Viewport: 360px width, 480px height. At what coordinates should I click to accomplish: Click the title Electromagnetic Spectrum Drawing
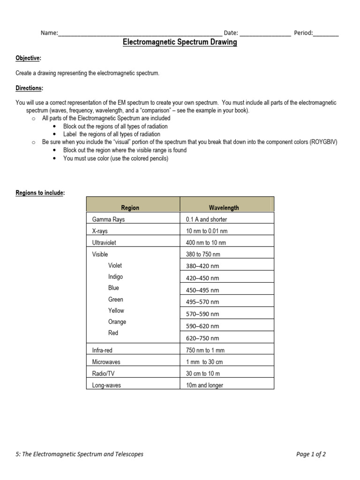pos(180,42)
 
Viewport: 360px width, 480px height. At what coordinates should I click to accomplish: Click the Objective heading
pos(28,58)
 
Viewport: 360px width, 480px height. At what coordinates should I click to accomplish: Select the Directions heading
pos(30,88)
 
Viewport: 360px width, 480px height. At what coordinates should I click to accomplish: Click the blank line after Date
pos(265,33)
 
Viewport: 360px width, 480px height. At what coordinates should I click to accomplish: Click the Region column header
pos(130,208)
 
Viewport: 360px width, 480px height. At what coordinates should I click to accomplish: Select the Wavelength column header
pos(224,208)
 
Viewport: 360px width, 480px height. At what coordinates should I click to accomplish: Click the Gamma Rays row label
pos(109,219)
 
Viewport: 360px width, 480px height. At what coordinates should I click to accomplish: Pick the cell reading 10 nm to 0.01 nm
pos(207,231)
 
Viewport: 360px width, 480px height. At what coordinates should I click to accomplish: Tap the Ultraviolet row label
pos(104,243)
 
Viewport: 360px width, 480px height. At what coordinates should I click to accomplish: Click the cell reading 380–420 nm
pos(202,266)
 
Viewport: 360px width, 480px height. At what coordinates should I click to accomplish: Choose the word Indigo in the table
pos(116,277)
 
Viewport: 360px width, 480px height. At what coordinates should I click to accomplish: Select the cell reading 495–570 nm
pos(202,302)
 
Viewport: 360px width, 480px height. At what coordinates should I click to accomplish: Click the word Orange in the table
pos(117,322)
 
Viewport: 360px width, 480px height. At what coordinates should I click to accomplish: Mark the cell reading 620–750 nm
pos(202,338)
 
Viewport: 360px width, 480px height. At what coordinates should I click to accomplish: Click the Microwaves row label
pos(107,362)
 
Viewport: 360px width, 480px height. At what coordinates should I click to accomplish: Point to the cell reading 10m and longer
pos(204,385)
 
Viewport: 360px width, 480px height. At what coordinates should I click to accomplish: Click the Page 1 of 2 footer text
pos(317,454)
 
